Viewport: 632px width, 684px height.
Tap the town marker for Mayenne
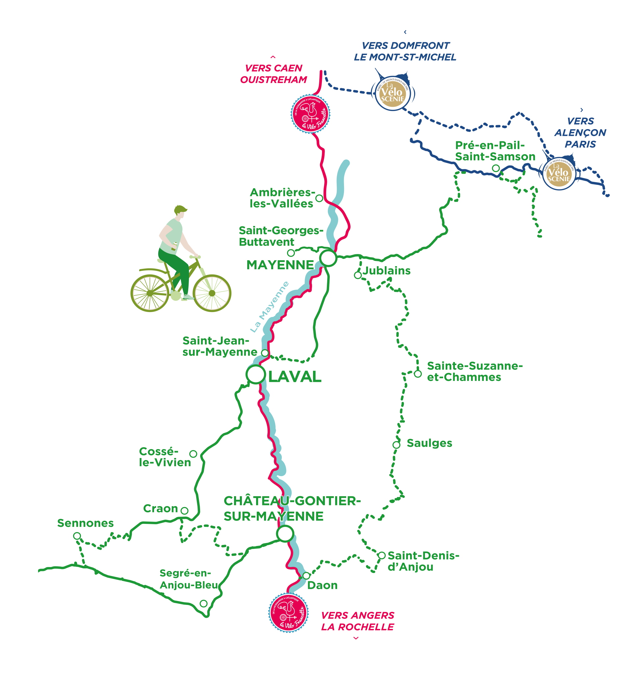(328, 258)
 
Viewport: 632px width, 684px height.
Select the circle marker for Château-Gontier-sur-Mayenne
(285, 533)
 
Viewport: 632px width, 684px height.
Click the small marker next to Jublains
(358, 275)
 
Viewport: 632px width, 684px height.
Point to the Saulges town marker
(396, 445)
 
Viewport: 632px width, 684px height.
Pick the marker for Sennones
(77, 536)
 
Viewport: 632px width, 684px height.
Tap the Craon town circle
(184, 511)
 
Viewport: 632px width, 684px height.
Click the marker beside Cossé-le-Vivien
(193, 454)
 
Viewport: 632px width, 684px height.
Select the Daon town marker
(306, 575)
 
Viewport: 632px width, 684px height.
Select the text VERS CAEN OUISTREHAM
(274, 74)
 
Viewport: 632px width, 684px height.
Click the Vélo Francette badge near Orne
(310, 113)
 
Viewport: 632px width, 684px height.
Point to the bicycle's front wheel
(212, 293)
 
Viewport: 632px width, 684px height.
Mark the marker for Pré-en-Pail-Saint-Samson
(495, 168)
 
